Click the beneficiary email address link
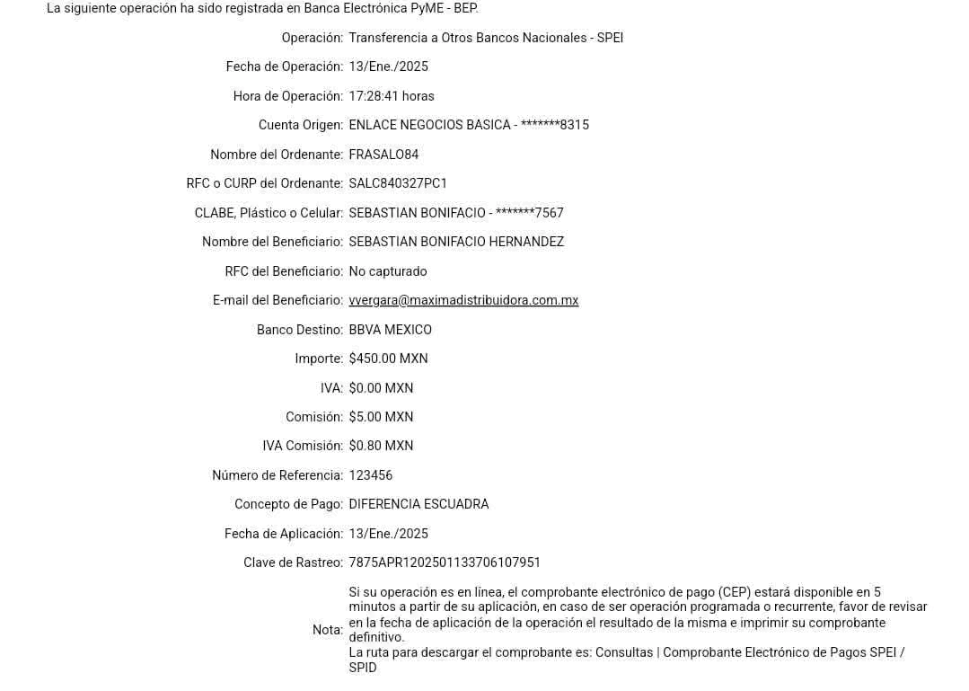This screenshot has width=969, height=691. [x=463, y=301]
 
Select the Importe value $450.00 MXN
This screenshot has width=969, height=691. [x=389, y=359]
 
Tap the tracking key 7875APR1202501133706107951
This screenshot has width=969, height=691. [x=444, y=563]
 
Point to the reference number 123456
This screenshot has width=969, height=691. [x=371, y=475]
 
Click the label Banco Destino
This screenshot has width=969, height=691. [x=299, y=331]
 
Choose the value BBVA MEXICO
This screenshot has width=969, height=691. [x=390, y=331]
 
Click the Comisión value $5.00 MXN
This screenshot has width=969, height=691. [x=381, y=418]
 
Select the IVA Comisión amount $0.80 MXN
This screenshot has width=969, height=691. [x=381, y=447]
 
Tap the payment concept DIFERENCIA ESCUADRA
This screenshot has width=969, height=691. [x=418, y=504]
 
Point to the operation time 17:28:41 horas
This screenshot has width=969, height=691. [x=392, y=96]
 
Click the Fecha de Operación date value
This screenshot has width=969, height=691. [x=389, y=66]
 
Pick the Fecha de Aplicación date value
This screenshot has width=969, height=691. [x=389, y=534]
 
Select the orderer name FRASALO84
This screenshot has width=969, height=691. [x=383, y=155]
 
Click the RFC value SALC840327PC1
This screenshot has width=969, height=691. [x=397, y=184]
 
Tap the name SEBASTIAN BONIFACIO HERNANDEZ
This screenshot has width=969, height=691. [x=456, y=243]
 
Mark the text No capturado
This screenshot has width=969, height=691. [x=388, y=272]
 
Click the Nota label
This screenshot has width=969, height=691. [x=327, y=630]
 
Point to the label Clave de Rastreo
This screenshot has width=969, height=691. [x=293, y=563]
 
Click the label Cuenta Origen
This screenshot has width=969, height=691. [x=300, y=125]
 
